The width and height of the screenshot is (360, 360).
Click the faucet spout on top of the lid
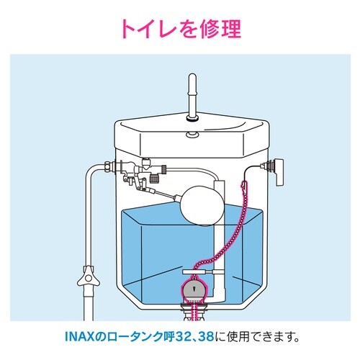tap(192, 97)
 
